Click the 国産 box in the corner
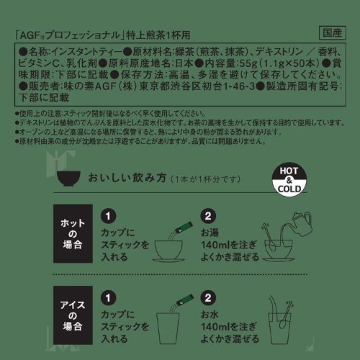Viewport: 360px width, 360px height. [333, 32]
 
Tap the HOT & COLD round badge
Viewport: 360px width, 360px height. [289, 180]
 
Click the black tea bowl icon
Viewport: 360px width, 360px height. [69, 179]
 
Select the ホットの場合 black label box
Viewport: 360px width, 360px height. [73, 233]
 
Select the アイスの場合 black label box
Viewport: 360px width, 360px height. [73, 315]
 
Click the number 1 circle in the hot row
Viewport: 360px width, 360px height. [108, 216]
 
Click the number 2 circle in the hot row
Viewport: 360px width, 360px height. [208, 216]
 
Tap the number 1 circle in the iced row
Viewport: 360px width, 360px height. [108, 298]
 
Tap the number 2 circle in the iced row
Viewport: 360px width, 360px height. [208, 298]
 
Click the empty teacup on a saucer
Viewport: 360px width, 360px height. [168, 251]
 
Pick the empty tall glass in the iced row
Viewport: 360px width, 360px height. [168, 328]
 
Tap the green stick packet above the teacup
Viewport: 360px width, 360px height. [184, 228]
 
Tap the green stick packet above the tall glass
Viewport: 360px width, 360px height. [184, 300]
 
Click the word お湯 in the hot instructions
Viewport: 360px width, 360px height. [210, 233]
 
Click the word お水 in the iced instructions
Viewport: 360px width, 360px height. [210, 315]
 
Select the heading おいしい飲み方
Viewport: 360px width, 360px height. [127, 178]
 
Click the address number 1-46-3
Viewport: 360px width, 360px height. [239, 86]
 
